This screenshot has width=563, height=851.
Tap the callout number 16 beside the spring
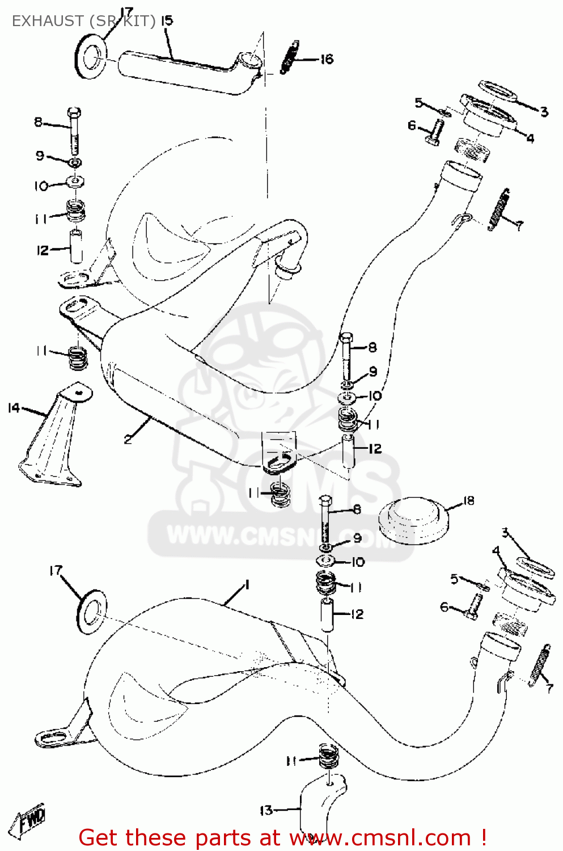point(327,59)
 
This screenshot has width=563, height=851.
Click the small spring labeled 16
point(289,57)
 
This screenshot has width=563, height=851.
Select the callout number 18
point(468,501)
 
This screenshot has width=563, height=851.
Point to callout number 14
point(14,408)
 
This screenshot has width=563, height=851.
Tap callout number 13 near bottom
point(266,810)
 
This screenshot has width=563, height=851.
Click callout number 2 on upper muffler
point(128,438)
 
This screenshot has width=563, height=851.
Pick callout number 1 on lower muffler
point(246,585)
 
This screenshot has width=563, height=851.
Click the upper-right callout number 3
point(544,112)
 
